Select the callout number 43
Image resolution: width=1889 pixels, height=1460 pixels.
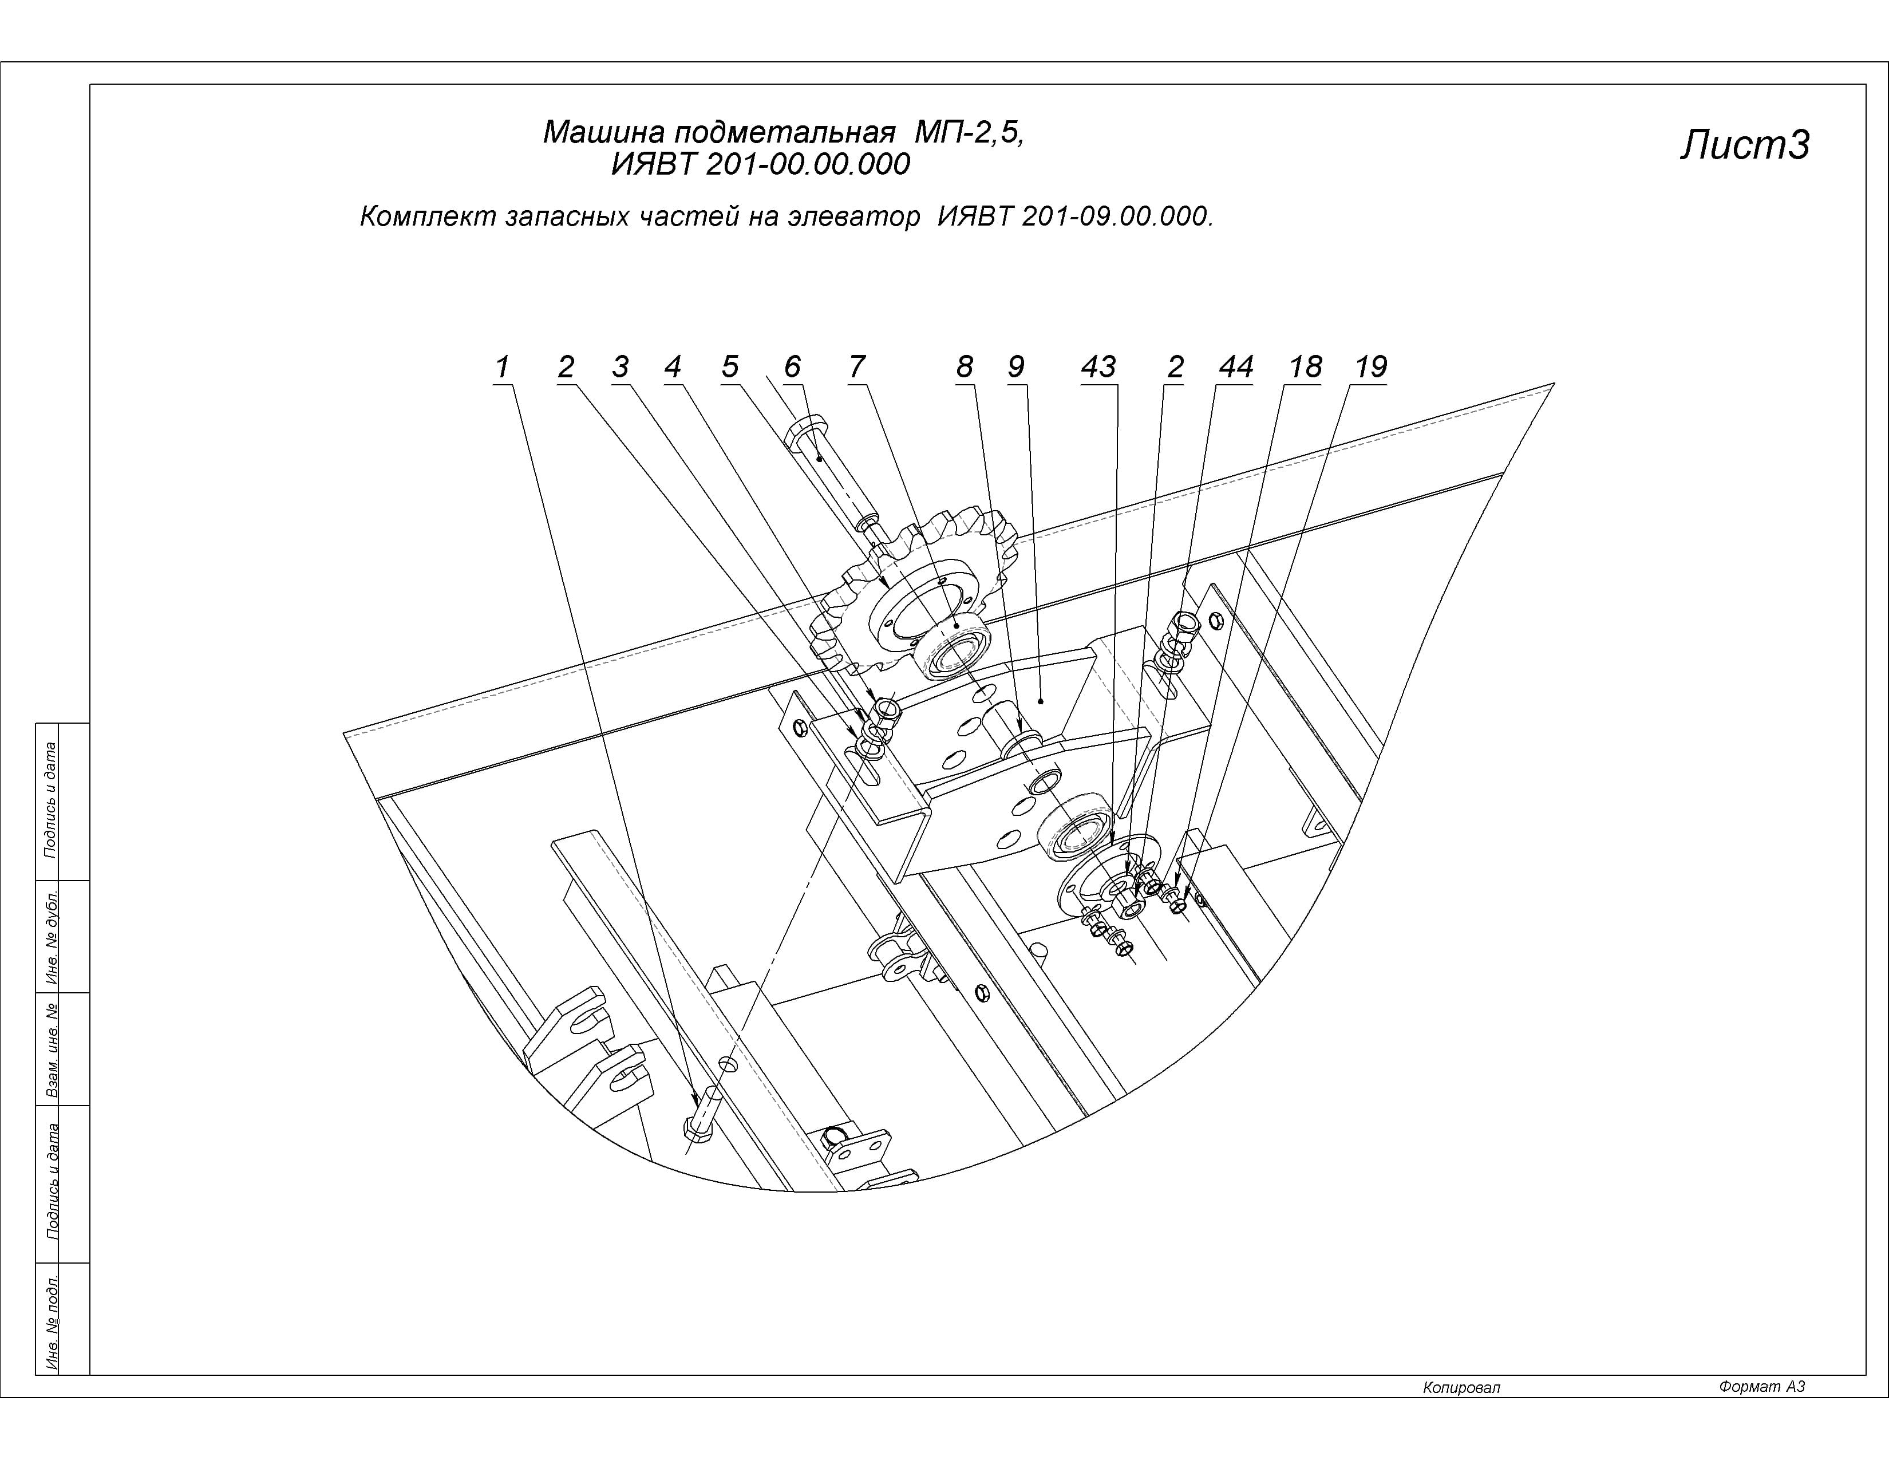point(1098,367)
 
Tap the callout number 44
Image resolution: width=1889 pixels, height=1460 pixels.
point(1235,367)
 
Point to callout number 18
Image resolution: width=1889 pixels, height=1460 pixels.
point(1305,367)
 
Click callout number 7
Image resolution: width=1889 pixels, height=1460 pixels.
point(856,367)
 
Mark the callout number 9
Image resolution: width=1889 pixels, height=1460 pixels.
point(1016,367)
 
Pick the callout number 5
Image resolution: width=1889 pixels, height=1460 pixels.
point(730,367)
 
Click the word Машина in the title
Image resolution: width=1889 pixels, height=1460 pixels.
point(603,132)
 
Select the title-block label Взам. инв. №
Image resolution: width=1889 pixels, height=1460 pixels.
point(52,1049)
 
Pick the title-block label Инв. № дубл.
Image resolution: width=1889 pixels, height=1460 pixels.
point(52,937)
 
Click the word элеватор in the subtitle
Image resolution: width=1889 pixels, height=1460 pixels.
point(853,216)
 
